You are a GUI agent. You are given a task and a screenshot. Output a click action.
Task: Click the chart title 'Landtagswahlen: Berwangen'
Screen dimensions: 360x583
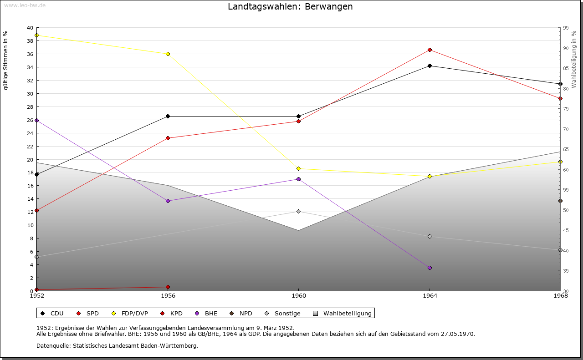point(290,7)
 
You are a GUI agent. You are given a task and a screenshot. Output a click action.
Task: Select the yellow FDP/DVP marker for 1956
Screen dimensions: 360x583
point(168,54)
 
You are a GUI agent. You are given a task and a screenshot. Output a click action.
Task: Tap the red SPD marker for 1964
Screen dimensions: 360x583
point(430,50)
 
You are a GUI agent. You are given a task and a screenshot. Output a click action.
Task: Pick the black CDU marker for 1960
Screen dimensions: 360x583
point(298,116)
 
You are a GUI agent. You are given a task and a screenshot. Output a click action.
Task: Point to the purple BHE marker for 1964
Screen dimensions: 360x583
point(430,268)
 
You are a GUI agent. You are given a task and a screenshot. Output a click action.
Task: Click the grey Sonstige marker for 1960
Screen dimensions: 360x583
point(298,211)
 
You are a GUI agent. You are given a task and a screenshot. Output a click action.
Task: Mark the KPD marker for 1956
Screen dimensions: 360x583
point(168,287)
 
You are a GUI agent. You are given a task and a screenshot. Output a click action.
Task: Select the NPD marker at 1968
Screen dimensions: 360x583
point(560,201)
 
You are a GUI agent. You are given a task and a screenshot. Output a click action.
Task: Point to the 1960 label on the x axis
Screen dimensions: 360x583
point(298,296)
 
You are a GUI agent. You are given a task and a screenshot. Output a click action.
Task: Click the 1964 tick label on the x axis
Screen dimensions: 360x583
point(430,296)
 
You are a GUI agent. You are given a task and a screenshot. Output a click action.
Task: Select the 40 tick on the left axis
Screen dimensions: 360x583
point(30,28)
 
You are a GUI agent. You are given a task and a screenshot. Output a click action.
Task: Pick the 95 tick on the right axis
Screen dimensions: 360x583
point(565,28)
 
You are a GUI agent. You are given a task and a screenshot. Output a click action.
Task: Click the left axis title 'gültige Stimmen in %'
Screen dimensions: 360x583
point(6,60)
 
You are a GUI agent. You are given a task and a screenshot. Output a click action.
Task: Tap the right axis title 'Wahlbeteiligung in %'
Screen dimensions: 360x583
point(574,60)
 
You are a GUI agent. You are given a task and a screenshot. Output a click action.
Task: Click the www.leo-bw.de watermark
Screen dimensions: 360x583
point(25,5)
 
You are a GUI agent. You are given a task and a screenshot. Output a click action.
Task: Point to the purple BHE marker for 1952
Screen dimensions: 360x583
point(36,120)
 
